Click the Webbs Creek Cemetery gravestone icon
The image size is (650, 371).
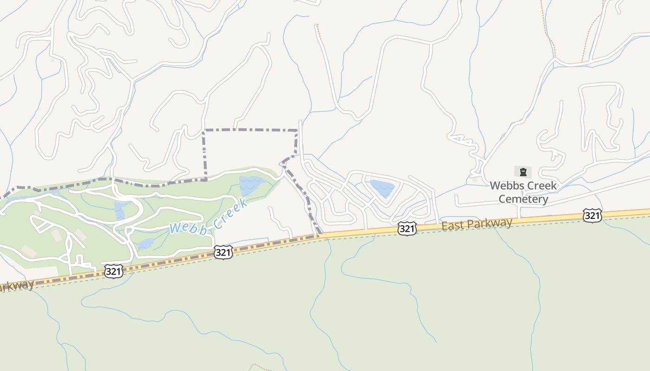tap(523, 172)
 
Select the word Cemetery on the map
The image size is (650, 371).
tap(523, 199)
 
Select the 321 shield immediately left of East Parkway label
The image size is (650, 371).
tap(406, 228)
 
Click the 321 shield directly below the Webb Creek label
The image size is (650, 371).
tap(223, 252)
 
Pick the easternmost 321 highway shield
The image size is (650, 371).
tap(592, 215)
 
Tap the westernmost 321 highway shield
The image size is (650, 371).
tap(113, 271)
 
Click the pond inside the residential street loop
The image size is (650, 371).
tap(382, 188)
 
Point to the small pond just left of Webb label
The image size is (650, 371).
tap(145, 243)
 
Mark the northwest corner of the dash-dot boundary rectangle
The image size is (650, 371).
tap(204, 130)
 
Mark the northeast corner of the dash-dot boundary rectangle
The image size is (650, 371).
tap(297, 130)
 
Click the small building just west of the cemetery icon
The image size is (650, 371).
tap(474, 179)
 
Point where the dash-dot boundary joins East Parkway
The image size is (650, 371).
tap(319, 235)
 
